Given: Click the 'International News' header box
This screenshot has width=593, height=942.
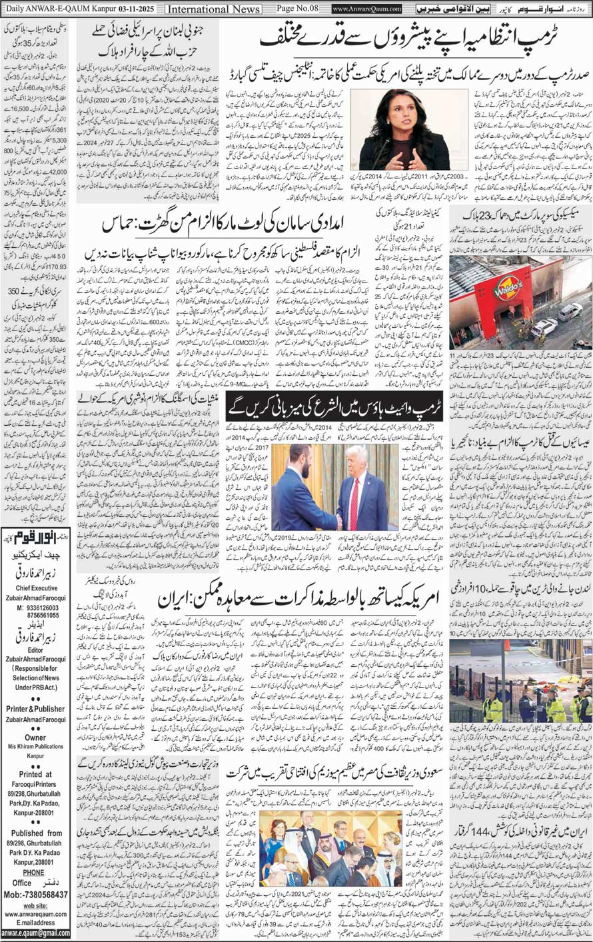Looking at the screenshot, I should click(x=213, y=9).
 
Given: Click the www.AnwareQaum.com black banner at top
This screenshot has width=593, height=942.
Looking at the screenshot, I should click(x=367, y=9).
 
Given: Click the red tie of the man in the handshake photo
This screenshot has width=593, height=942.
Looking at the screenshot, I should click(x=354, y=506).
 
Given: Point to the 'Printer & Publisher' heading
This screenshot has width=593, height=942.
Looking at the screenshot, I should click(x=36, y=709).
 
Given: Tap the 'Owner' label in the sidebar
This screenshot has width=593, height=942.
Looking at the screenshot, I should click(x=36, y=737).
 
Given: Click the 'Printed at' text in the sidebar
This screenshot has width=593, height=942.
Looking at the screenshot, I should click(x=36, y=774).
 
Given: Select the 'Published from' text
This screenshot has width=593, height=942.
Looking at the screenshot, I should click(x=36, y=833).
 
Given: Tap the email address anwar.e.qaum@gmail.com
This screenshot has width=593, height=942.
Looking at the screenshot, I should click(x=36, y=933).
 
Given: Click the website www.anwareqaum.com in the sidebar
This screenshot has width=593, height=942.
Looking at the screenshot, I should click(x=36, y=914).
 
